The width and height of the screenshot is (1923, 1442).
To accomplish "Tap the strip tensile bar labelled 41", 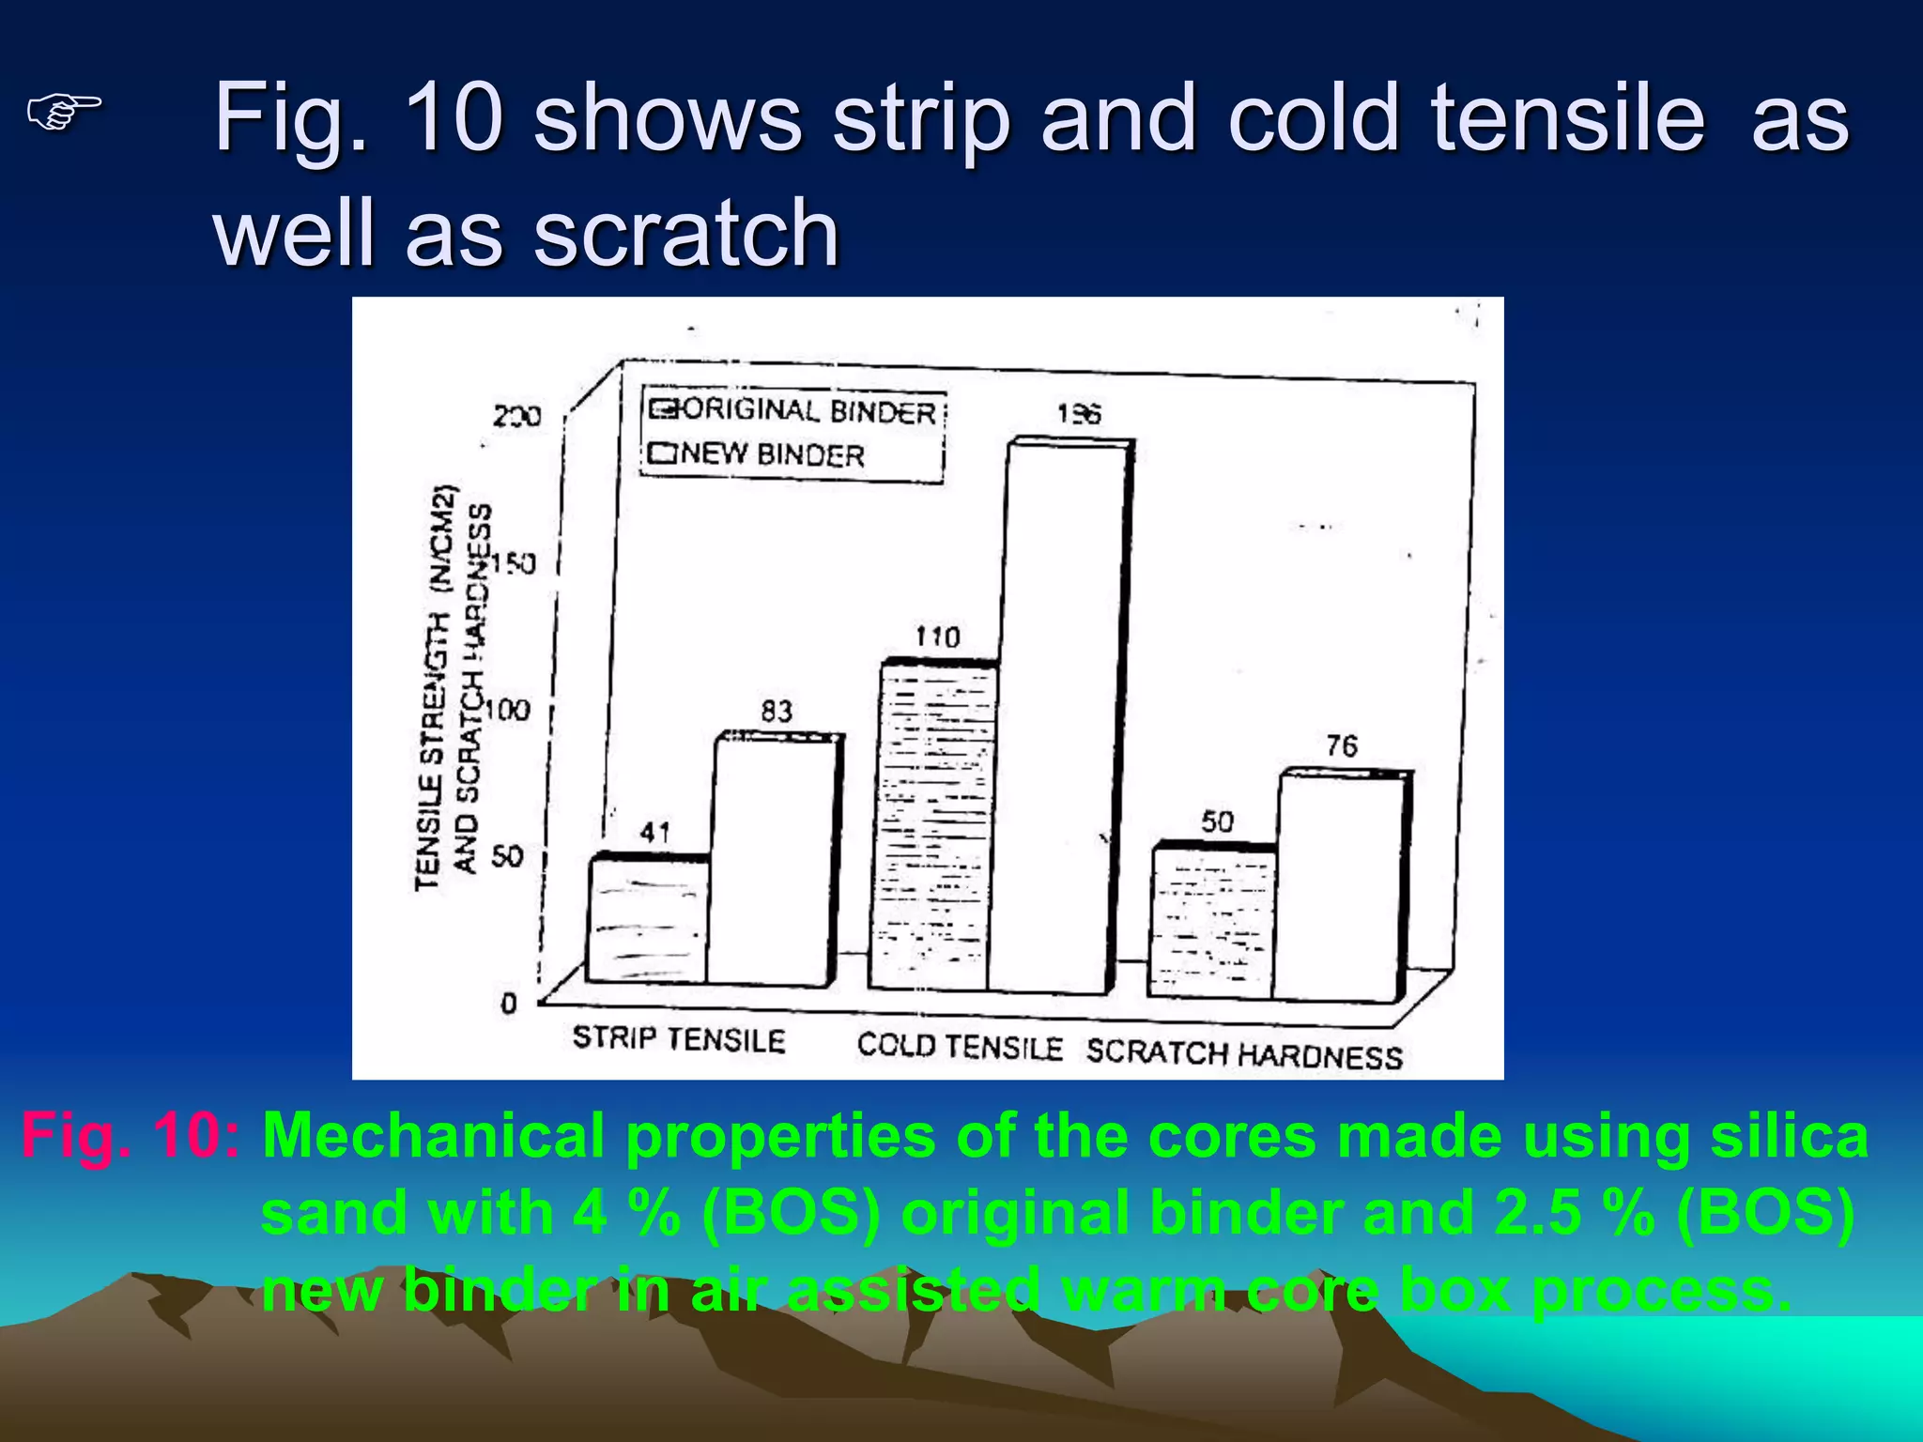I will (648, 920).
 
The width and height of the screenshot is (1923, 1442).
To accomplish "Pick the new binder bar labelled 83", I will (772, 859).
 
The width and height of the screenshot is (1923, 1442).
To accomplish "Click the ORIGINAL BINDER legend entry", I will (793, 411).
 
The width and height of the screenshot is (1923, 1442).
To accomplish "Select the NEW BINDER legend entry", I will (757, 454).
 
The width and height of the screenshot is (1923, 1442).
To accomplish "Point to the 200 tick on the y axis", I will (516, 416).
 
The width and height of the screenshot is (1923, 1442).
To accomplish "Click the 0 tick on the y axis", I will (508, 1004).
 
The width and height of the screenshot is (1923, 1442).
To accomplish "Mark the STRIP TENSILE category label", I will (678, 1039).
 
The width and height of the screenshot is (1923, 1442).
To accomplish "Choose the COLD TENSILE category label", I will (959, 1046).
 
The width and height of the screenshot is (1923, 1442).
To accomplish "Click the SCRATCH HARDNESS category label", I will (1244, 1054).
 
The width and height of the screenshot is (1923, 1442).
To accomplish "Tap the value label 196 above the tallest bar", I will (1078, 414).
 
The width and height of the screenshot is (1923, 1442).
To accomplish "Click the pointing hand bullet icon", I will (64, 113).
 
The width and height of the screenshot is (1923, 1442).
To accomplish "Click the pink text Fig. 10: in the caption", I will (130, 1136).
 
